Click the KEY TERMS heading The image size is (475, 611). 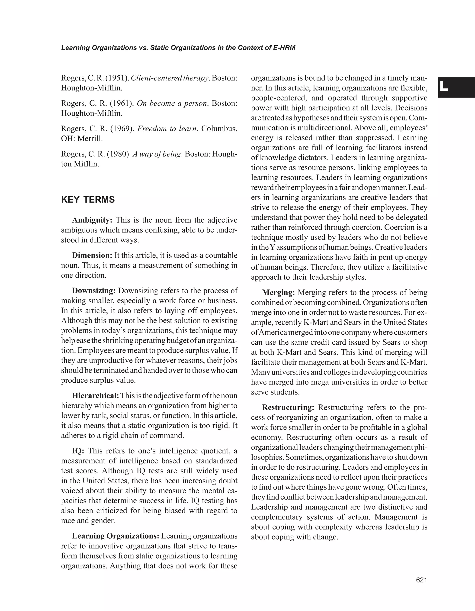tap(88, 200)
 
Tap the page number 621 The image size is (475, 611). tap(421, 580)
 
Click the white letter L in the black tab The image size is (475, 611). tap(444, 87)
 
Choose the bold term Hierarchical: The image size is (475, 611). tap(96, 396)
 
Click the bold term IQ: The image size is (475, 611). tap(78, 451)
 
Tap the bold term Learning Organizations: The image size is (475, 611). tap(116, 536)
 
